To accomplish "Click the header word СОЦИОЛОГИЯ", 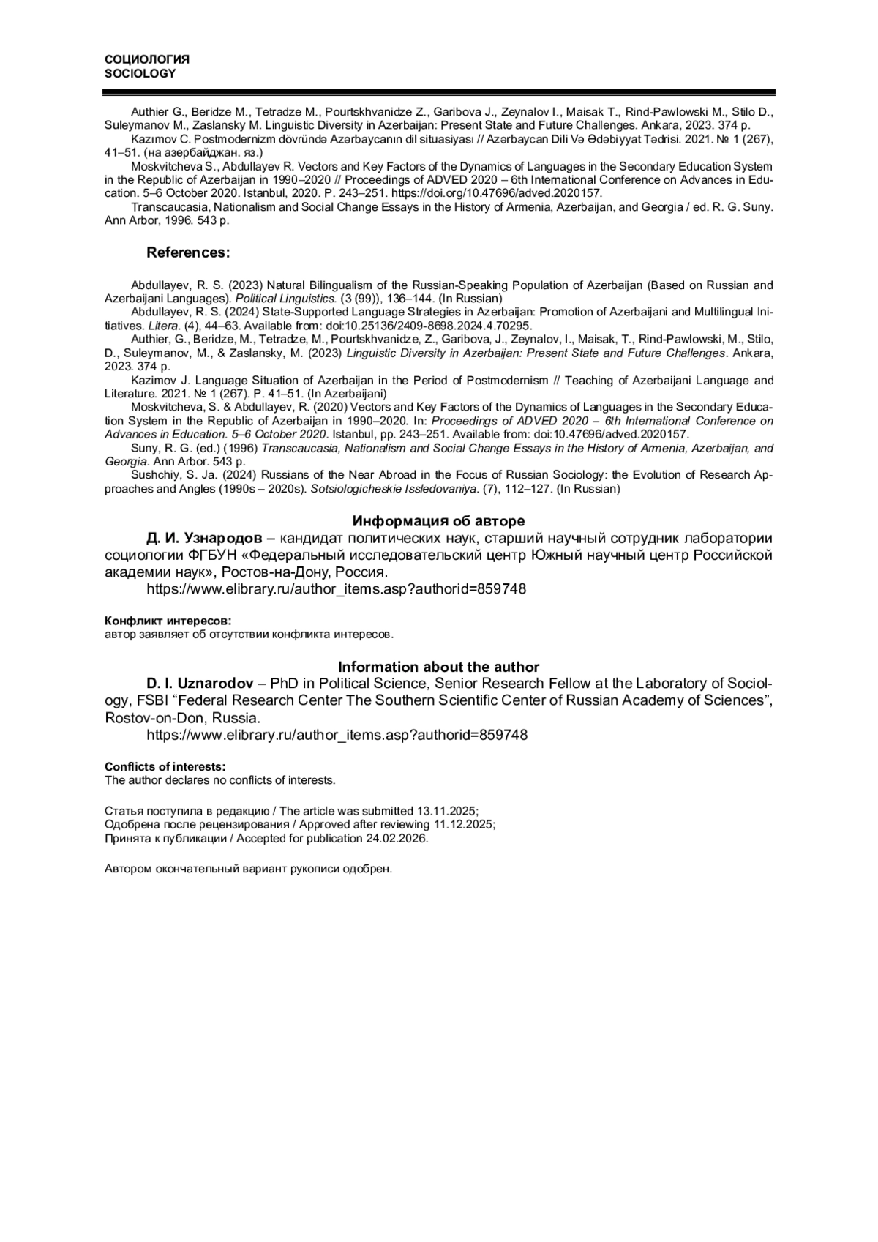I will [x=147, y=59].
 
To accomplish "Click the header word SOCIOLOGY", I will [x=140, y=73].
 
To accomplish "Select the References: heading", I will [x=188, y=252].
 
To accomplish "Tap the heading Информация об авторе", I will [x=438, y=521].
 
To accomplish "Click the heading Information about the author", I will [x=438, y=667].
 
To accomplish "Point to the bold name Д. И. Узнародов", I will [x=204, y=539].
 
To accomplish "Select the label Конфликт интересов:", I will [x=168, y=620].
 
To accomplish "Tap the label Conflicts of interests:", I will [x=165, y=766].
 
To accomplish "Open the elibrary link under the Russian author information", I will [x=336, y=589].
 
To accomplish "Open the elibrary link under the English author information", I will [x=336, y=735].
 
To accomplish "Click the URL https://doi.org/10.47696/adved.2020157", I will [x=497, y=193].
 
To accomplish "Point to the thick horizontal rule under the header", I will [x=438, y=93].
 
